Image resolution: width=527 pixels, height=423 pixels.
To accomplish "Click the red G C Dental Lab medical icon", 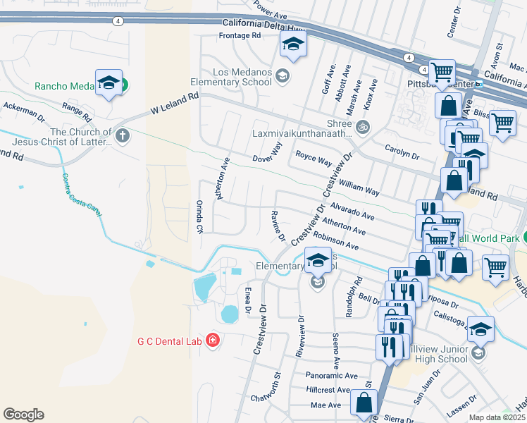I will tap(213, 342).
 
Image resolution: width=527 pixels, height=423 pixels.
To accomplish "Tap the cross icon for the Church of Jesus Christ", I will tap(123, 135).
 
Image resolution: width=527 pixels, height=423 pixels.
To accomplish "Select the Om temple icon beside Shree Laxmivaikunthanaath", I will tap(362, 128).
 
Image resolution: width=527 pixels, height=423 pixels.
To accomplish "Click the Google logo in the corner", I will tap(23, 415).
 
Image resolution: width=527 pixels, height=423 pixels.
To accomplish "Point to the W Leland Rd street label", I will tap(169, 106).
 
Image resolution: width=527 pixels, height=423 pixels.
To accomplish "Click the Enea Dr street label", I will tap(247, 300).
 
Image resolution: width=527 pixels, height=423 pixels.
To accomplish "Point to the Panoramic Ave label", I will tap(332, 376).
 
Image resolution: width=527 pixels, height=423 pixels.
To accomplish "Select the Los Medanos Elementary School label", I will tap(236, 78).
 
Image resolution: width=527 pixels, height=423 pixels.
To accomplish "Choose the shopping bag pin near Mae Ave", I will tap(364, 404).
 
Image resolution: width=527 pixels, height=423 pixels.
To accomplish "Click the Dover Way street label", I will tap(267, 152).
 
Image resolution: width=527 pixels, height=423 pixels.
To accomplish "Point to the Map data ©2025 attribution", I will tap(496, 417).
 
